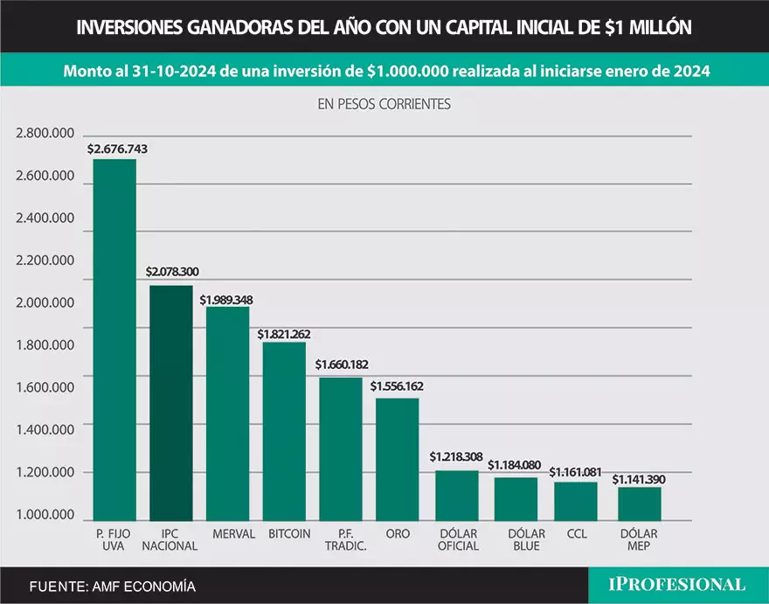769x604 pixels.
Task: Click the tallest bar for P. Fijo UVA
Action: (x=114, y=341)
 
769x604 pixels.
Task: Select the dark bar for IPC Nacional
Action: (x=171, y=402)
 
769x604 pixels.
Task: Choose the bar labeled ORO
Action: (x=398, y=459)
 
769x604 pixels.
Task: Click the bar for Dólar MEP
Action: (x=640, y=503)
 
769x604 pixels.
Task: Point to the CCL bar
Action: (x=577, y=501)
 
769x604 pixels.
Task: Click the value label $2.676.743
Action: (x=118, y=149)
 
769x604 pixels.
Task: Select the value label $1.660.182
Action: (x=342, y=364)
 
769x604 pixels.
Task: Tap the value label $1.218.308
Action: (x=456, y=457)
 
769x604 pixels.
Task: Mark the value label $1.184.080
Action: (x=515, y=465)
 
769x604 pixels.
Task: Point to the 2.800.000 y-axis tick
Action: (x=44, y=134)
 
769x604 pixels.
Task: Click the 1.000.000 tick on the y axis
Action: (x=44, y=515)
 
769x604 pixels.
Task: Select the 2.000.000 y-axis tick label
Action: (x=44, y=303)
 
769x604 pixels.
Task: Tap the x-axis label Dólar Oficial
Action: (x=457, y=539)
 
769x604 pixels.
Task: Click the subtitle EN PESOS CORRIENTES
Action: (x=384, y=103)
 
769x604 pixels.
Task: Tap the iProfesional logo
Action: (x=677, y=584)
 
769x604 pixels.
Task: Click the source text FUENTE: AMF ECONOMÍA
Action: (x=112, y=586)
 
